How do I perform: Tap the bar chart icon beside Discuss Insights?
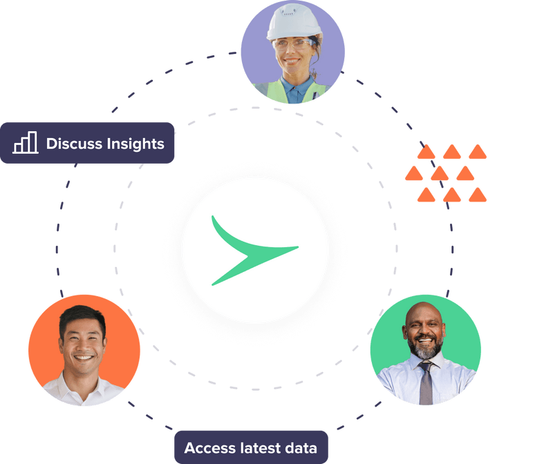click(25, 144)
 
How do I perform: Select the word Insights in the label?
click(135, 144)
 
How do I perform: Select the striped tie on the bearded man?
click(427, 383)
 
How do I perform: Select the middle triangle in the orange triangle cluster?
click(440, 173)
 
